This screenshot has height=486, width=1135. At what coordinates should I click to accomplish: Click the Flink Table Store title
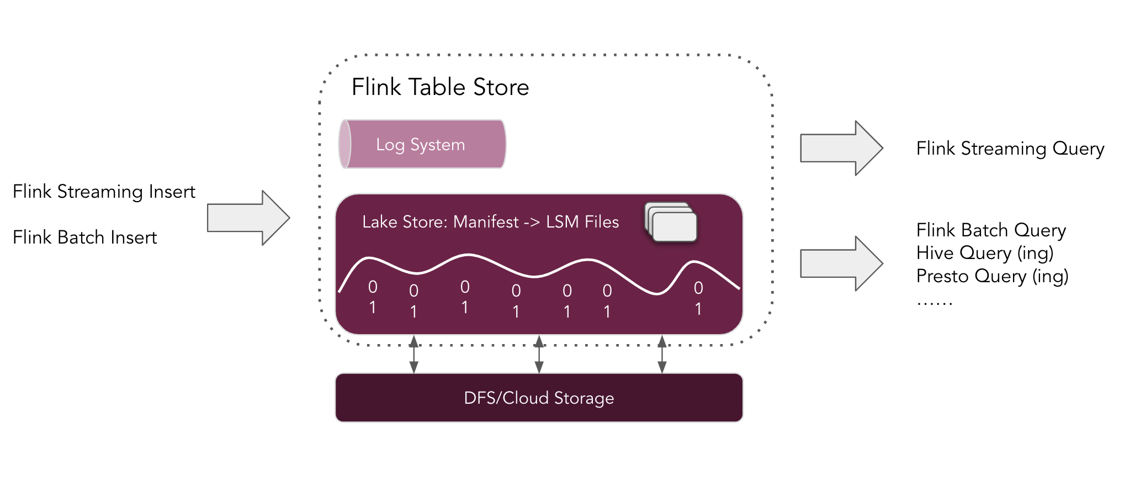point(440,87)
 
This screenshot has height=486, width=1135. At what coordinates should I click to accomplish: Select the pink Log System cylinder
point(422,144)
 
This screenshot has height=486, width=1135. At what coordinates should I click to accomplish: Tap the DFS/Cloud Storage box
point(539,398)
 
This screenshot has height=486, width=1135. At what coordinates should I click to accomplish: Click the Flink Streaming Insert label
point(104,192)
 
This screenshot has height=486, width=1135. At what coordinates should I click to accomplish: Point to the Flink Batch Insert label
point(84,237)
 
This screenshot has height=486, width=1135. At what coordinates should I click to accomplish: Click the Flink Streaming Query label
point(1010,149)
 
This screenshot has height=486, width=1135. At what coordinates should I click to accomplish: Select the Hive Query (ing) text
point(984,253)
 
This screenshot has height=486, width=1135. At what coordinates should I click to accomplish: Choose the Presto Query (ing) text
point(992,276)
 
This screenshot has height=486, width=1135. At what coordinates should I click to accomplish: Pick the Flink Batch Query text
point(991,230)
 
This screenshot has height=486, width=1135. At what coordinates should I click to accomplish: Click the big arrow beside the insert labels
point(248,218)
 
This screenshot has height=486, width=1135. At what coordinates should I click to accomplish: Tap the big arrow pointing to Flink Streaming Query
point(841,148)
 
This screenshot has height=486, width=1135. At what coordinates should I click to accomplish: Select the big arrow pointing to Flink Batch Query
point(841,263)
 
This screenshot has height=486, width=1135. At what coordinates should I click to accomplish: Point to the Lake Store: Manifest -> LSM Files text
point(490,222)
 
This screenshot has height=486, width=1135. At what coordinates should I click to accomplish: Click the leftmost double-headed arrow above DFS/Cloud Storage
point(413,353)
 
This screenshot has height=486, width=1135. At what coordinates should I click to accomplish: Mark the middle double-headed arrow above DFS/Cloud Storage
point(539,354)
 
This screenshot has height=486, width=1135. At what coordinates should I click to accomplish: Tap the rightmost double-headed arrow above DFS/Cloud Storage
point(662,354)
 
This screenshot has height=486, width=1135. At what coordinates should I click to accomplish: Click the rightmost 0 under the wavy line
point(698,288)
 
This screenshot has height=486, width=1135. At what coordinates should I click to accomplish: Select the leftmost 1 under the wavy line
point(373,307)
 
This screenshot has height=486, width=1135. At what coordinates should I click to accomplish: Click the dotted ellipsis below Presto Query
point(935,303)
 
